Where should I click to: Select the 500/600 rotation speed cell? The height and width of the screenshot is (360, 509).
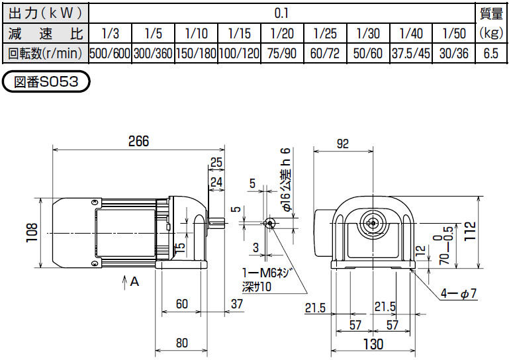click(x=110, y=54)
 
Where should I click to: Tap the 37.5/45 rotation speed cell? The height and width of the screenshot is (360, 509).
click(x=410, y=54)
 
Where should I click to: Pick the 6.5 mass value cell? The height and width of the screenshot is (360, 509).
click(x=490, y=54)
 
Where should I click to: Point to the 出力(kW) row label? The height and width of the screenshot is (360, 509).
click(x=44, y=13)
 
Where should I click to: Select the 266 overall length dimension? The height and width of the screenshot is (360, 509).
click(x=138, y=142)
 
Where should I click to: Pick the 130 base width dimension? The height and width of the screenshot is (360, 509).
click(x=374, y=343)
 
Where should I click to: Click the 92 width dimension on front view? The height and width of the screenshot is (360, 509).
click(x=343, y=142)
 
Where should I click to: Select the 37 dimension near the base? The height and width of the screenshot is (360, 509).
click(x=237, y=304)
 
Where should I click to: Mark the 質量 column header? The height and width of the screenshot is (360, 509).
click(x=490, y=13)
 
